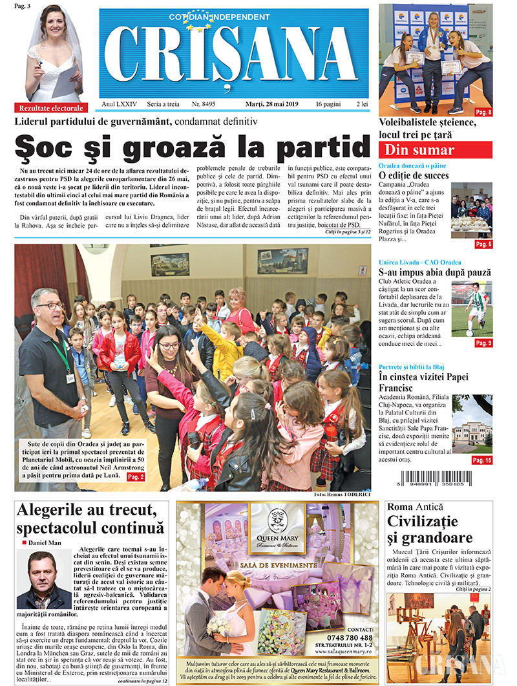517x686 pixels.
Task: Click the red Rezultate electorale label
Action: coord(51,108)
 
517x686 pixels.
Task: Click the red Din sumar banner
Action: coord(435,150)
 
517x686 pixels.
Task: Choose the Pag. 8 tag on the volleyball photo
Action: coord(483,112)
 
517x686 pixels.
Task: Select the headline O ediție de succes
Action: coord(414,175)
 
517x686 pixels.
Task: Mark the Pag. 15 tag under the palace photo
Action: coord(482,460)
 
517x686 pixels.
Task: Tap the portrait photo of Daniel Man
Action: coord(44,579)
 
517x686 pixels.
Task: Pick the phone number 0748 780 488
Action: coord(350,638)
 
